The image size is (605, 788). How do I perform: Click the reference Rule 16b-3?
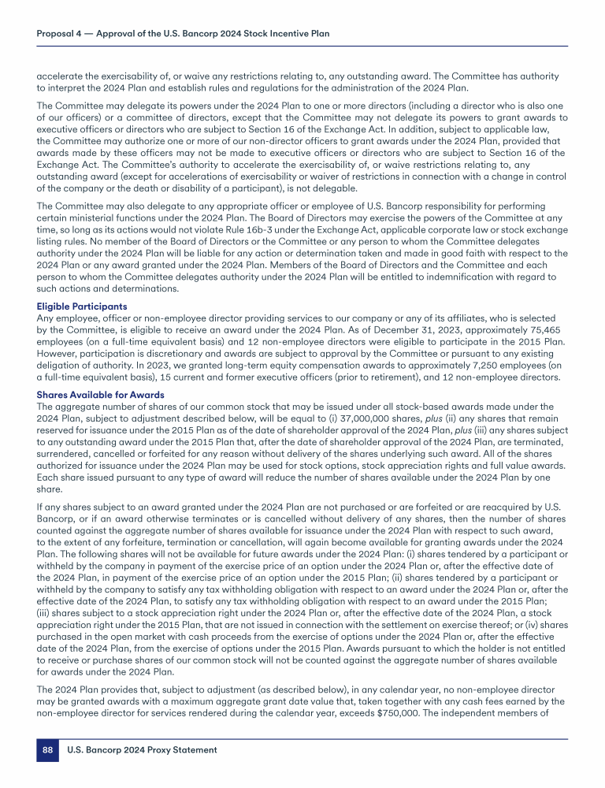point(231,241)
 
